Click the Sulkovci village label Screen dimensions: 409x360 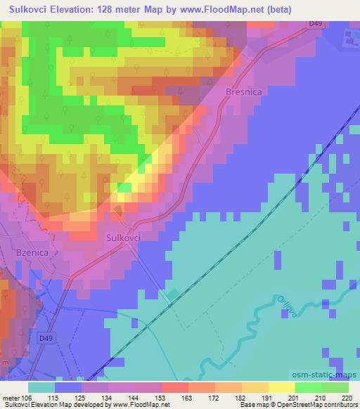(124, 238)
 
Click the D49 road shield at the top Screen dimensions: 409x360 (314, 23)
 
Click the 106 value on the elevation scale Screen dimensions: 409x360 (27, 398)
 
